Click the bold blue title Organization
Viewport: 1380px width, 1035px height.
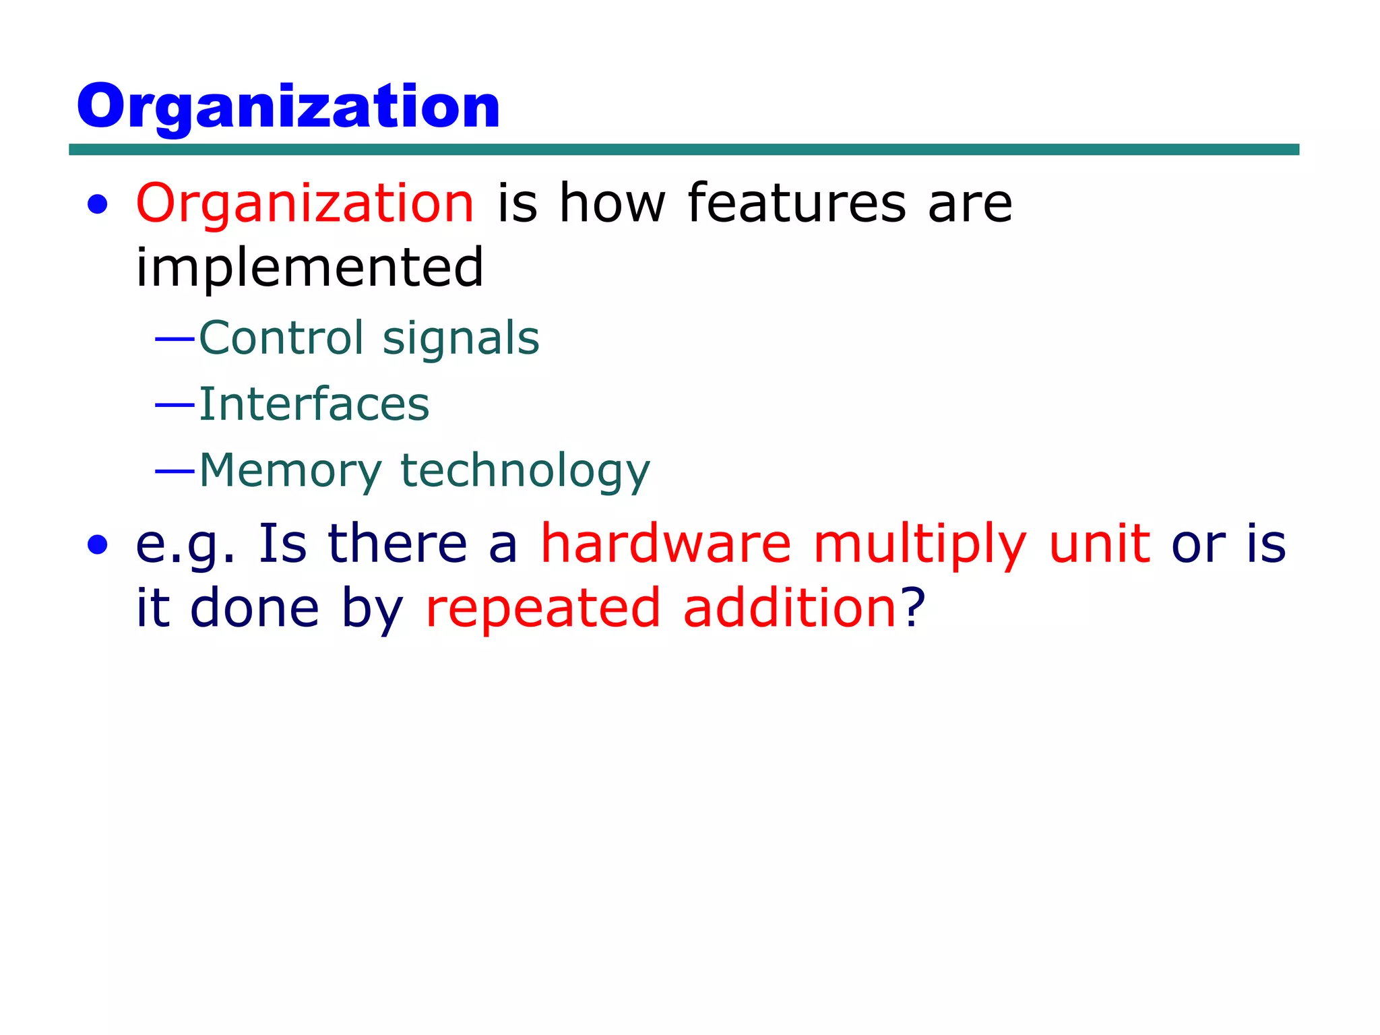(x=288, y=106)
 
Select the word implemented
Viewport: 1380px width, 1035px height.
(x=310, y=268)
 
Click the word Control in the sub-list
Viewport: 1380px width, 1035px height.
(x=281, y=338)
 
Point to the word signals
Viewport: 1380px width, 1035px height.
(x=461, y=339)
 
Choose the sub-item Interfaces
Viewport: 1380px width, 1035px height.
(x=314, y=404)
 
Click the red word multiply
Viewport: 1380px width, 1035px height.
(x=920, y=544)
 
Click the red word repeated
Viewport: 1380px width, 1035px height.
(x=543, y=608)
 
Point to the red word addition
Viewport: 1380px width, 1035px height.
(x=789, y=607)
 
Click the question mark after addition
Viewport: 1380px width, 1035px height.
(x=913, y=607)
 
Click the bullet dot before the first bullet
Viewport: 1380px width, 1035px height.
(x=98, y=205)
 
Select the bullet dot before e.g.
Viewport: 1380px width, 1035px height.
(x=98, y=545)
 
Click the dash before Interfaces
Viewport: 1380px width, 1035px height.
(x=175, y=405)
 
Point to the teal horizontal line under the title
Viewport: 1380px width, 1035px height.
(x=683, y=150)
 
